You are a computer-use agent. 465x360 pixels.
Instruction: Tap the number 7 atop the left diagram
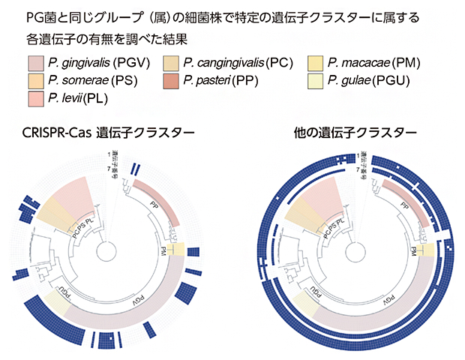pos(109,166)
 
